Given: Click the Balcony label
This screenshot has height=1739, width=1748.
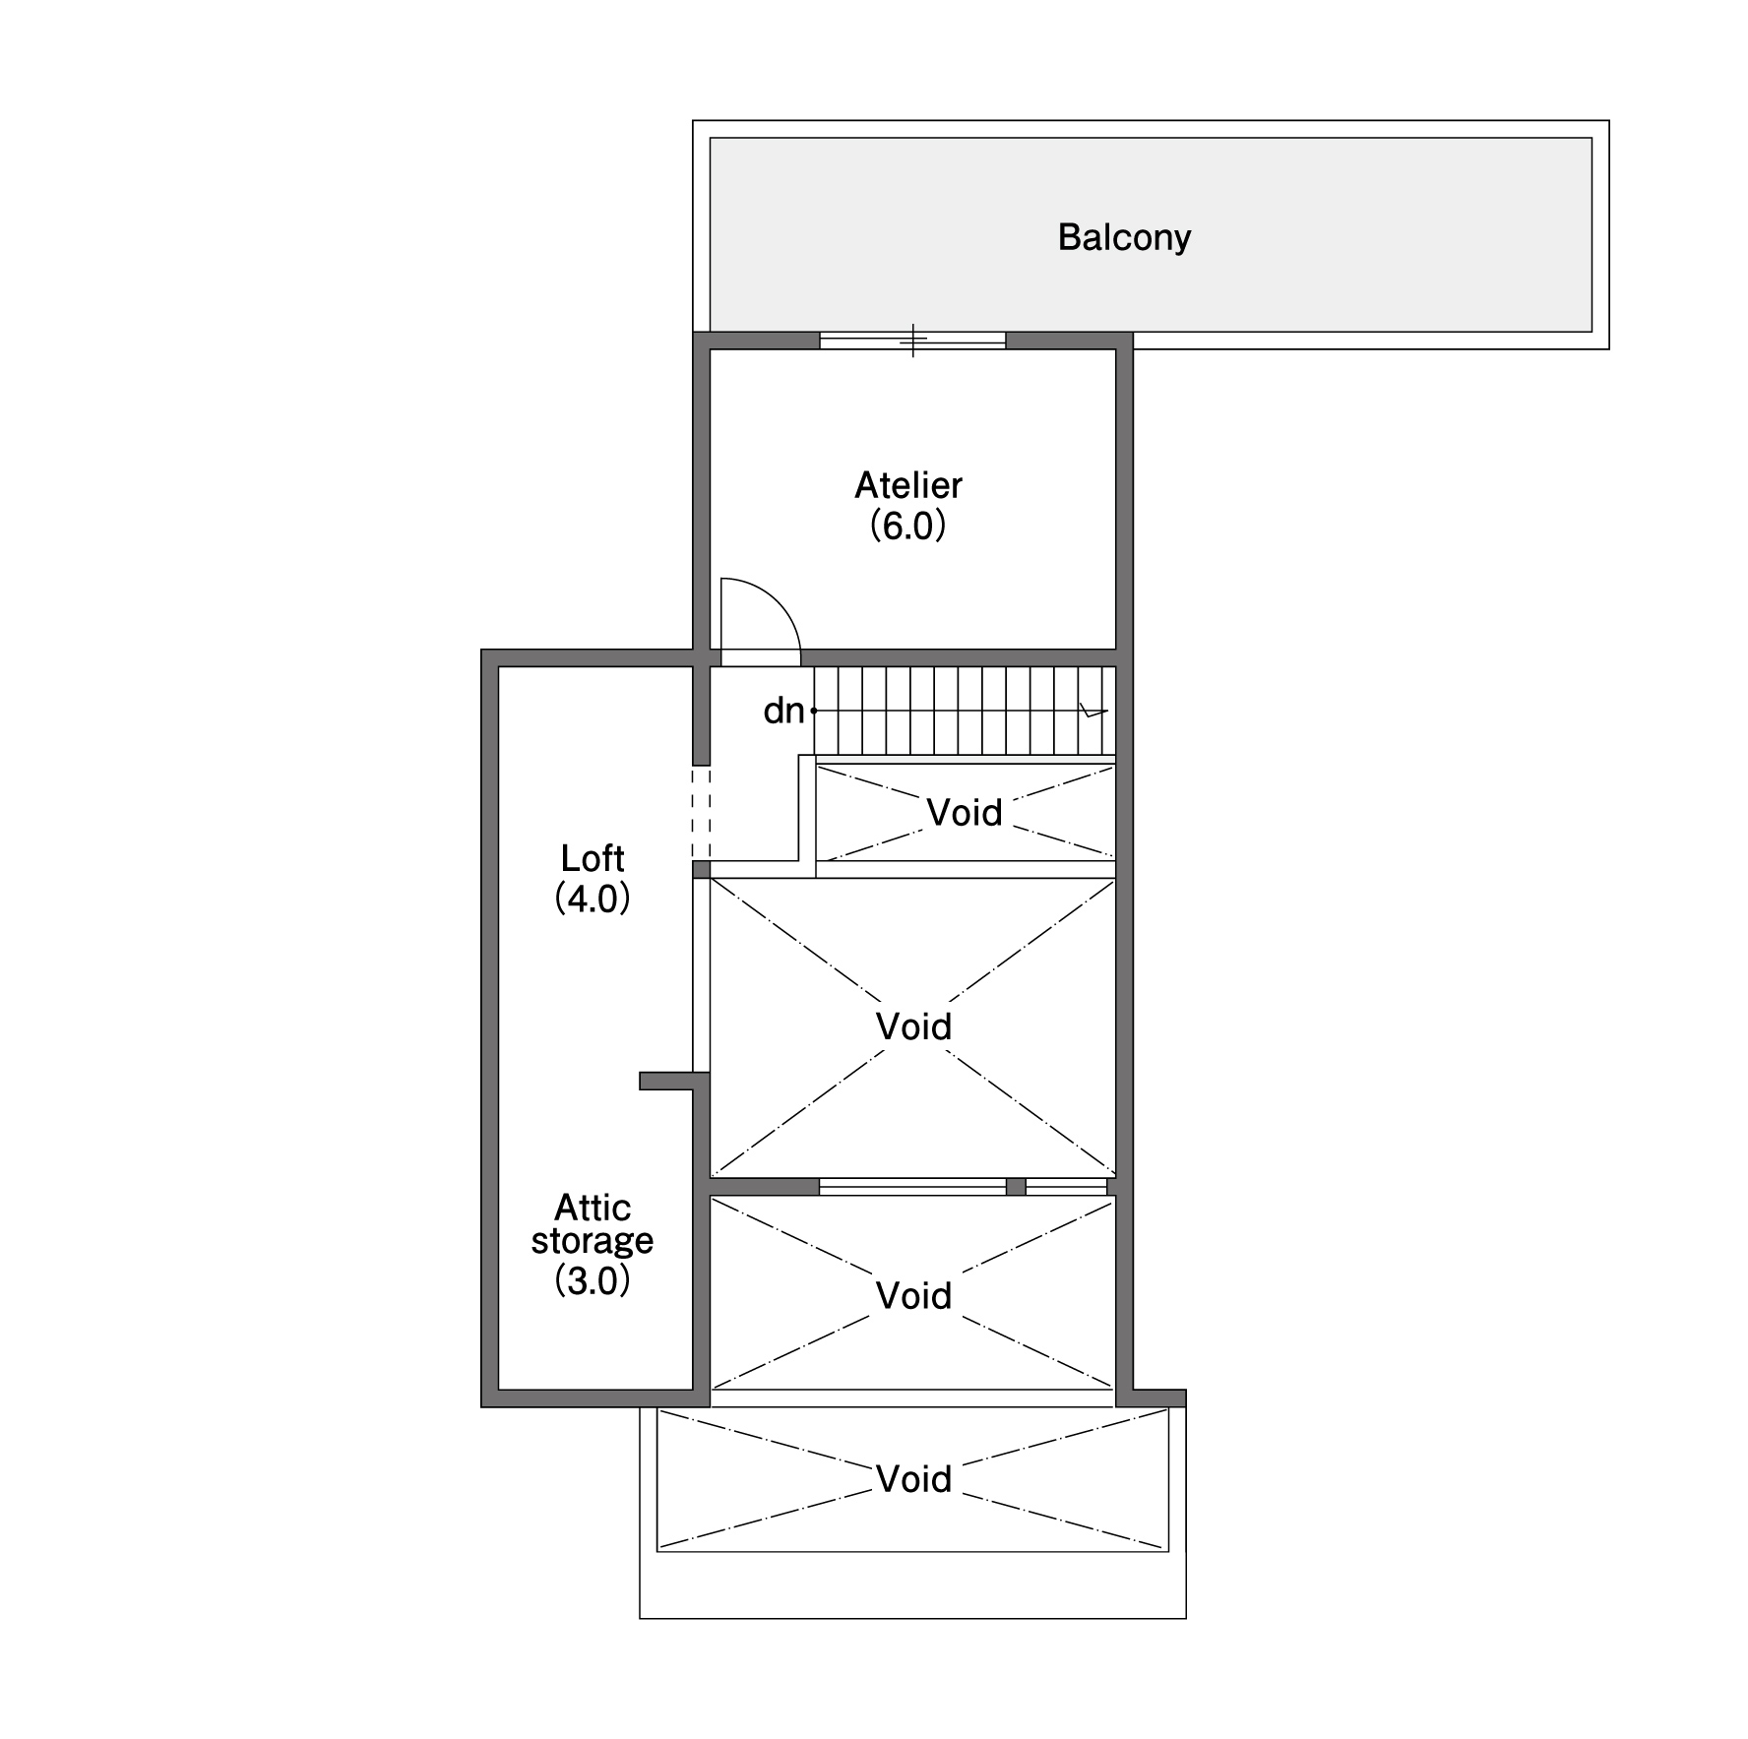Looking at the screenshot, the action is (1124, 237).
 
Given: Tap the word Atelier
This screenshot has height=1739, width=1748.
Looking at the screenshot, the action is (907, 485).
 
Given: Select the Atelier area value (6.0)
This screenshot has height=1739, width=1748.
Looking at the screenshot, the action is (907, 527).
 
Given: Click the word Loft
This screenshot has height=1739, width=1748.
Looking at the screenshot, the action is (593, 858).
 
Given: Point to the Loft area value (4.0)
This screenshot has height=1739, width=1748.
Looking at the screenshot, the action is (593, 899).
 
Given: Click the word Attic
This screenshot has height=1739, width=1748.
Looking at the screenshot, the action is (593, 1207).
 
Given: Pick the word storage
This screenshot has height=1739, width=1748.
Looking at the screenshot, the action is (593, 1242).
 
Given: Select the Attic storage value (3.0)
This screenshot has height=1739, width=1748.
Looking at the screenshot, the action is (593, 1280).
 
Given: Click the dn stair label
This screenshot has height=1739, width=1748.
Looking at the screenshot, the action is (783, 711).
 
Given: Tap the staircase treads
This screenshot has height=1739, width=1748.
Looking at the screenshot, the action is (965, 711).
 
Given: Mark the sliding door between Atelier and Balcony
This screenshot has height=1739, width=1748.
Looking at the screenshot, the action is (912, 341).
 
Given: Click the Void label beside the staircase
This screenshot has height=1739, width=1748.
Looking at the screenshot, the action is (965, 813).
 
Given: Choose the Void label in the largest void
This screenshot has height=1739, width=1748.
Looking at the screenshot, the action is (913, 1027).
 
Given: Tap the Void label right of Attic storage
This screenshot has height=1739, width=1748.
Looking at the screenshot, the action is (913, 1296).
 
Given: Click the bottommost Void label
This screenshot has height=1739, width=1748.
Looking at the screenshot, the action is (913, 1479).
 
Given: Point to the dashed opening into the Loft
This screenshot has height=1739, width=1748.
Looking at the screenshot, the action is (701, 813).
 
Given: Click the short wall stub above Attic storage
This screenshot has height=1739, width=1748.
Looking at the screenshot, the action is (673, 1081).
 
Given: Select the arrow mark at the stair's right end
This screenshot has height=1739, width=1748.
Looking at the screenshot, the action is (1093, 711).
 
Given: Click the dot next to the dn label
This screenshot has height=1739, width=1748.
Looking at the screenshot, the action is (814, 711).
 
